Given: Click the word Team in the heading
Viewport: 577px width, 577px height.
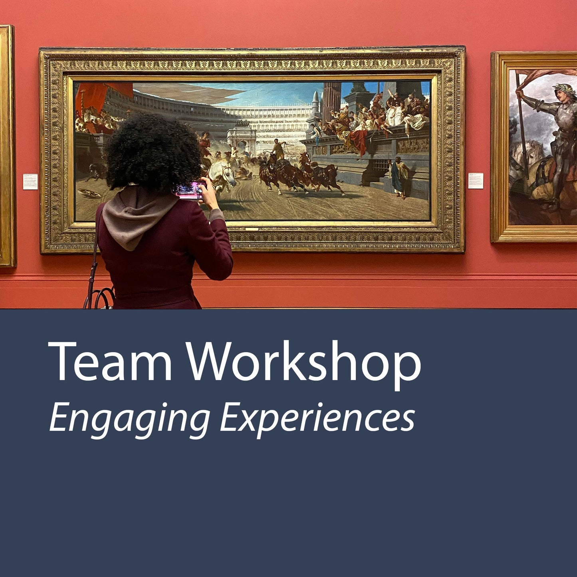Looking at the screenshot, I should (x=110, y=362).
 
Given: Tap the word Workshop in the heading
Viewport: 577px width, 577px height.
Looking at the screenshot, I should (x=303, y=362).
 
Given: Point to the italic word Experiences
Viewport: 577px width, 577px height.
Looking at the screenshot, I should (x=317, y=418).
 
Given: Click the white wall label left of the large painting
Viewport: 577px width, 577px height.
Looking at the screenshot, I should (x=30, y=181).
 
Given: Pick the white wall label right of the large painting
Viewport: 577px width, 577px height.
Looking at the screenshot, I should (x=476, y=180).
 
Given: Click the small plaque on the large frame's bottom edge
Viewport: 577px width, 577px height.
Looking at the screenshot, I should (x=252, y=229).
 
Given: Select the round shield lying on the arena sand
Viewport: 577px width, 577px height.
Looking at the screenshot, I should (x=89, y=194).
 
